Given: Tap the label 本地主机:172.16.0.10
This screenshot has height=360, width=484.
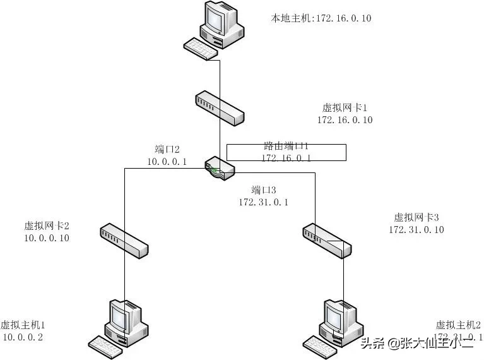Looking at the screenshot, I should (321, 18).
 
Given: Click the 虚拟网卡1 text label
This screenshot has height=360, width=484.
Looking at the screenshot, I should (345, 108).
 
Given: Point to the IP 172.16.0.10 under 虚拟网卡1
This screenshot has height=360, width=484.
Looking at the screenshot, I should (345, 120).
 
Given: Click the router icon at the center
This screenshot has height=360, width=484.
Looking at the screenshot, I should (220, 169).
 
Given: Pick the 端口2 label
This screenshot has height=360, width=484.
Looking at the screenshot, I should (167, 150).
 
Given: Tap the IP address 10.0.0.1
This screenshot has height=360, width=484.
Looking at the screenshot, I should (167, 162).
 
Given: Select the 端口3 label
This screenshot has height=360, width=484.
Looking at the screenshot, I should (264, 190).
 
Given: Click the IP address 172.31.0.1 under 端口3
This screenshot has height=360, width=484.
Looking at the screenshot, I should (264, 202).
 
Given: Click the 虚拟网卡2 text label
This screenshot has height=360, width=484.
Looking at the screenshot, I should (47, 226).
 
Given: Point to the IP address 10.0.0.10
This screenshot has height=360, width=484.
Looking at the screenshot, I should (47, 238).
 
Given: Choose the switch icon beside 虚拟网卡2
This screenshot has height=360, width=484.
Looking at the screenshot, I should (125, 239).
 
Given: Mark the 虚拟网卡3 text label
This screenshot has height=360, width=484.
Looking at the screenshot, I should (416, 217).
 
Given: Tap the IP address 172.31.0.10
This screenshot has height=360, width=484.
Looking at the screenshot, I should (416, 229).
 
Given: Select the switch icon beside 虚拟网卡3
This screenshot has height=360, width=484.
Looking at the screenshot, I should (326, 240).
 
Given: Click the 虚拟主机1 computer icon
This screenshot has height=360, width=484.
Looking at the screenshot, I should (127, 319).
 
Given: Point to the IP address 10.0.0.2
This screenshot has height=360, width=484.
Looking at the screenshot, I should (23, 337).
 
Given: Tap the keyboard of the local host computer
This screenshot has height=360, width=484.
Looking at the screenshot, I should (201, 49).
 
